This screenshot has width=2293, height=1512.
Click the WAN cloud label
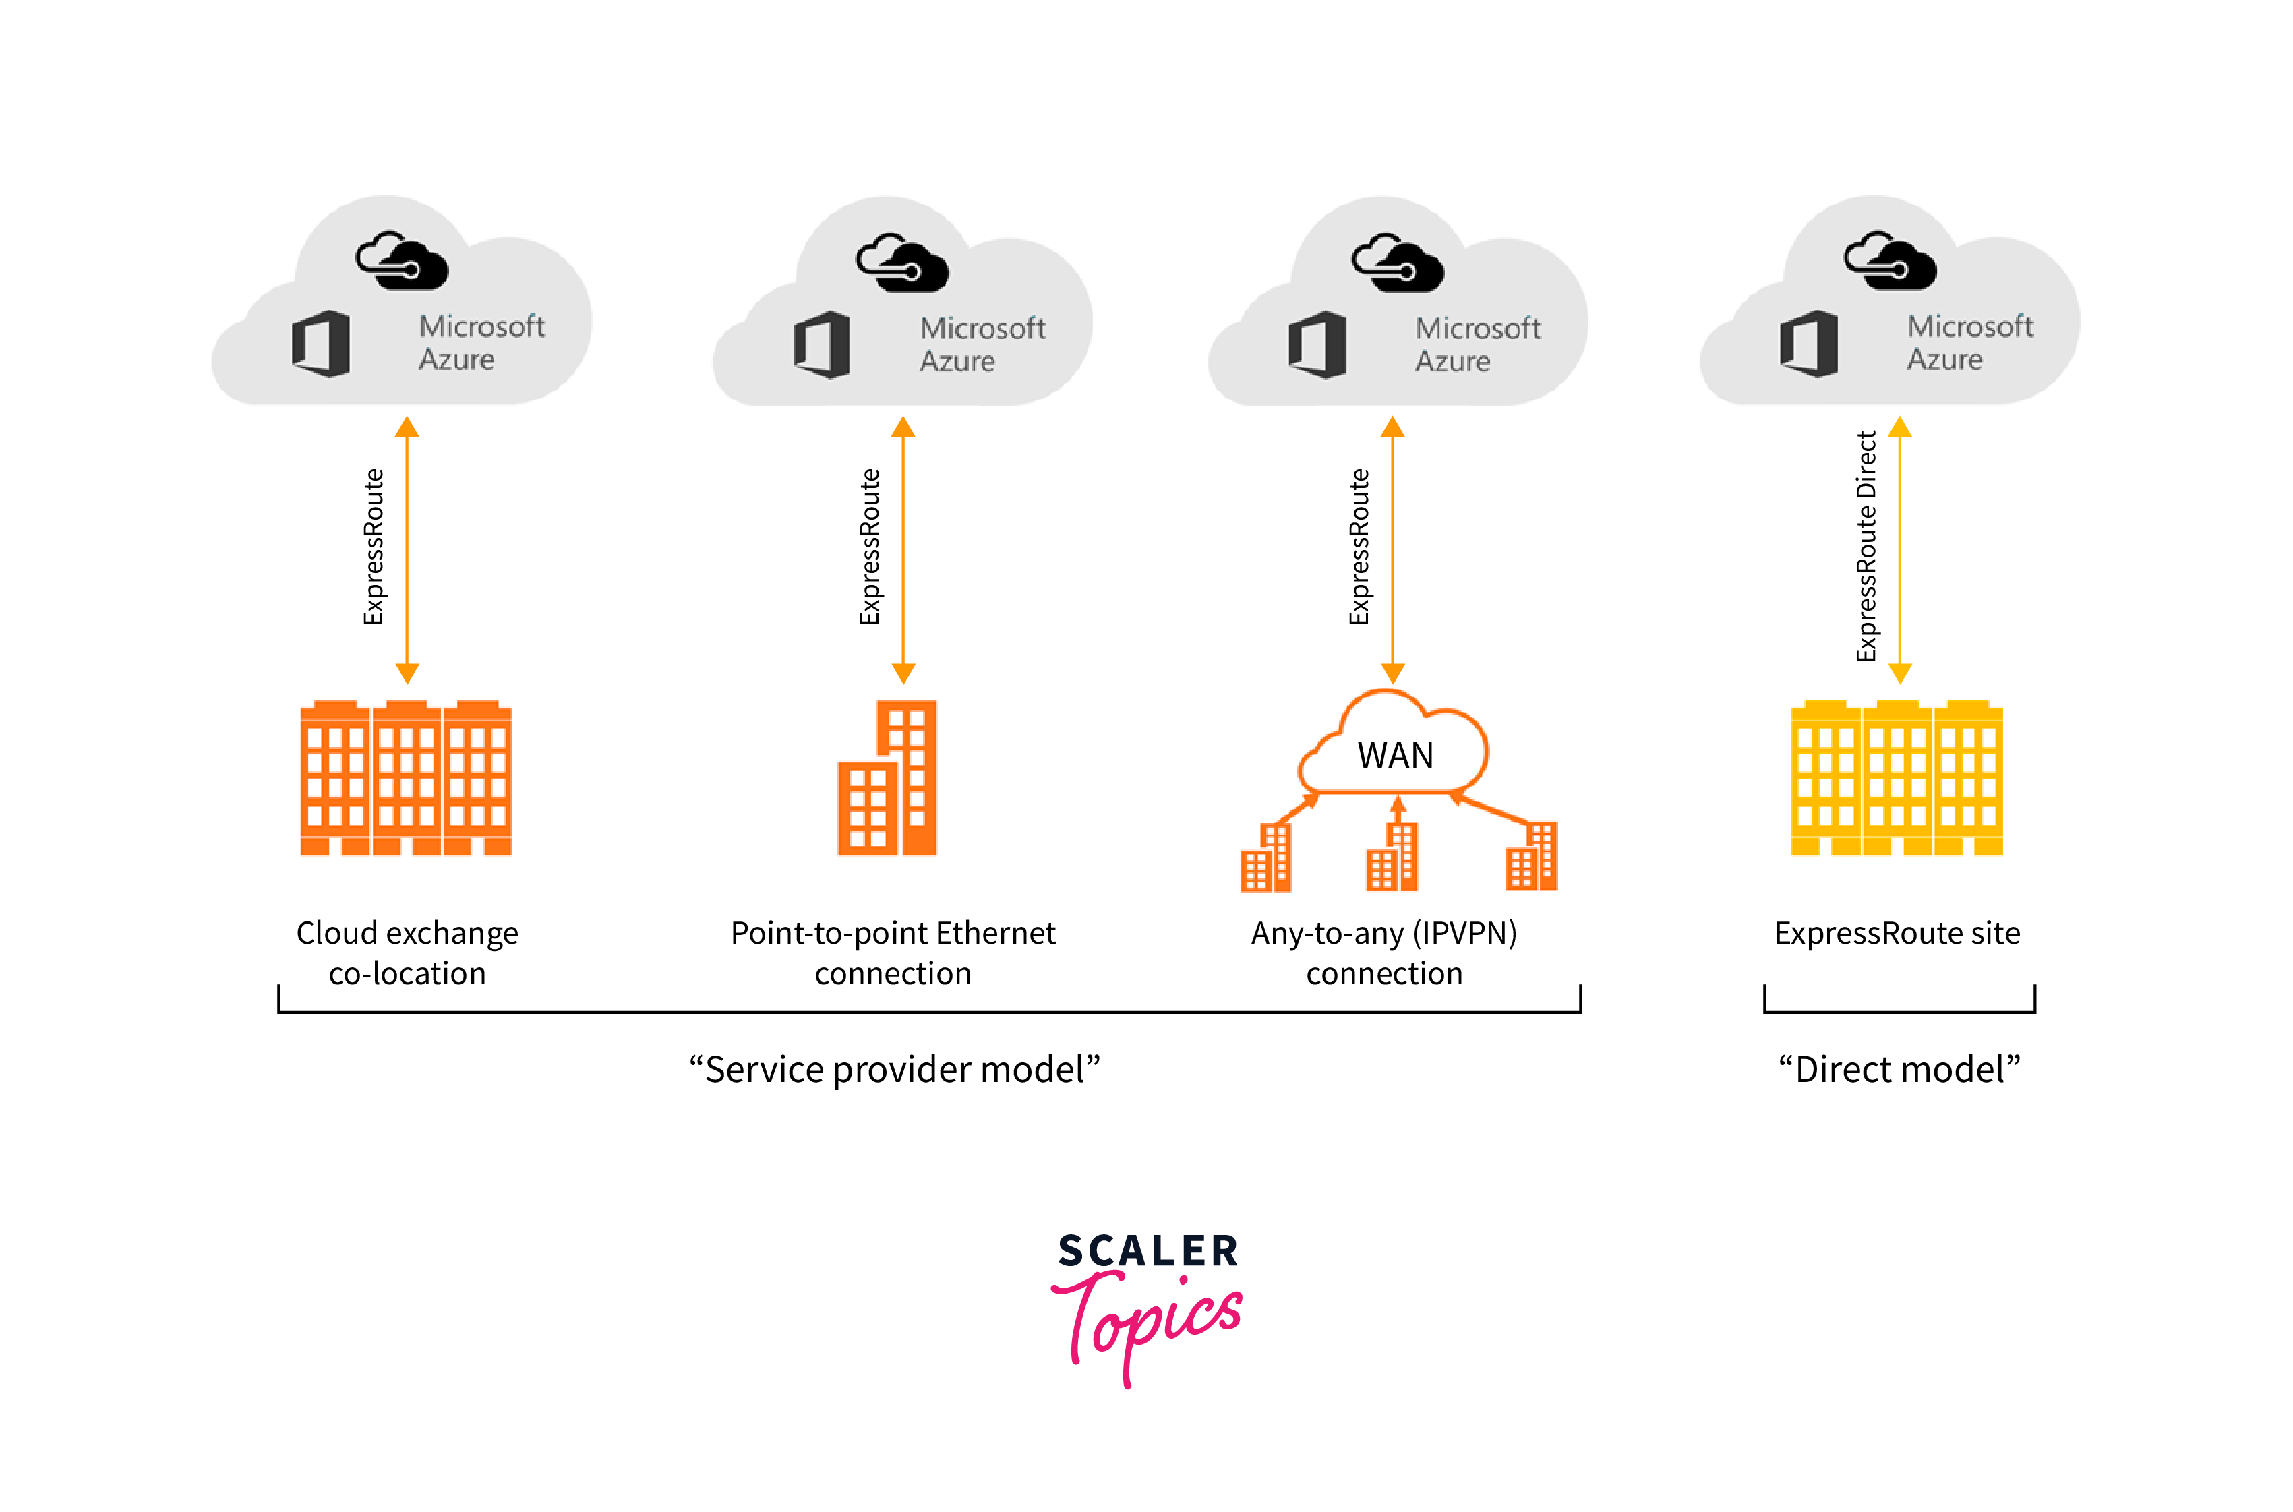[x=1394, y=754]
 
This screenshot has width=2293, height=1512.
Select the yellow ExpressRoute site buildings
[x=1896, y=777]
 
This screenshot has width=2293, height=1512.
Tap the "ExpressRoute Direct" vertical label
[x=1866, y=546]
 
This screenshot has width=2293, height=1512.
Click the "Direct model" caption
[x=1899, y=1068]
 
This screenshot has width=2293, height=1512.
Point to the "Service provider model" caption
[x=894, y=1068]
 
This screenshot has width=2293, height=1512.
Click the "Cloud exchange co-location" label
[x=407, y=952]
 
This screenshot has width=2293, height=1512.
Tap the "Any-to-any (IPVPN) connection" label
[x=1383, y=952]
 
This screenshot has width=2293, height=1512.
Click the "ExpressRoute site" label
[x=1897, y=934]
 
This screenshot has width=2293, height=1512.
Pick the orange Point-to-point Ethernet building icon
[x=887, y=777]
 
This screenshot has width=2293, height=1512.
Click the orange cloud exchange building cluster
[x=406, y=777]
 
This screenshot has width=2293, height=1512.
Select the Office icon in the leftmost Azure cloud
[x=321, y=343]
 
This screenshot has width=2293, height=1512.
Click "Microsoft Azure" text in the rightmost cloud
[x=1970, y=342]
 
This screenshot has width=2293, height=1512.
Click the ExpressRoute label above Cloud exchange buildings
[x=373, y=546]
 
